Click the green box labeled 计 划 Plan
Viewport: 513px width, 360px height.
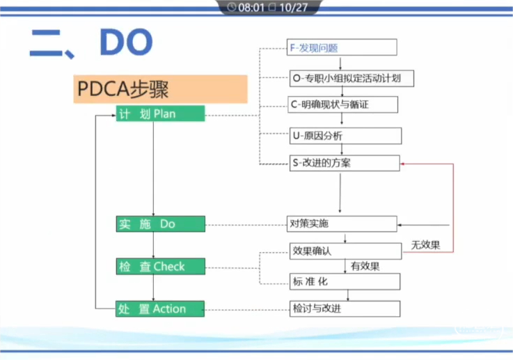(160, 114)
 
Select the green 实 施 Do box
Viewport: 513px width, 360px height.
(160, 224)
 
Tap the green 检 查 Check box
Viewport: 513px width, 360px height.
(160, 266)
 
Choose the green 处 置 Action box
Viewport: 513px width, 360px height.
(160, 308)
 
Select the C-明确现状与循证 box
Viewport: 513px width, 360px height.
(343, 104)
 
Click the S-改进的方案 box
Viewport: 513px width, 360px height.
(344, 163)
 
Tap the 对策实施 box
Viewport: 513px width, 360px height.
(342, 224)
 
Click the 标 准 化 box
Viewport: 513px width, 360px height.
(345, 281)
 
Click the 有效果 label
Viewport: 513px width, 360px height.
(365, 265)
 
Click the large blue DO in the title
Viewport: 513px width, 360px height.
(126, 43)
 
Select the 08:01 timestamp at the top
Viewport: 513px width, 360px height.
(252, 8)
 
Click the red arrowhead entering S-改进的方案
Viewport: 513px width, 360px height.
(404, 164)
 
